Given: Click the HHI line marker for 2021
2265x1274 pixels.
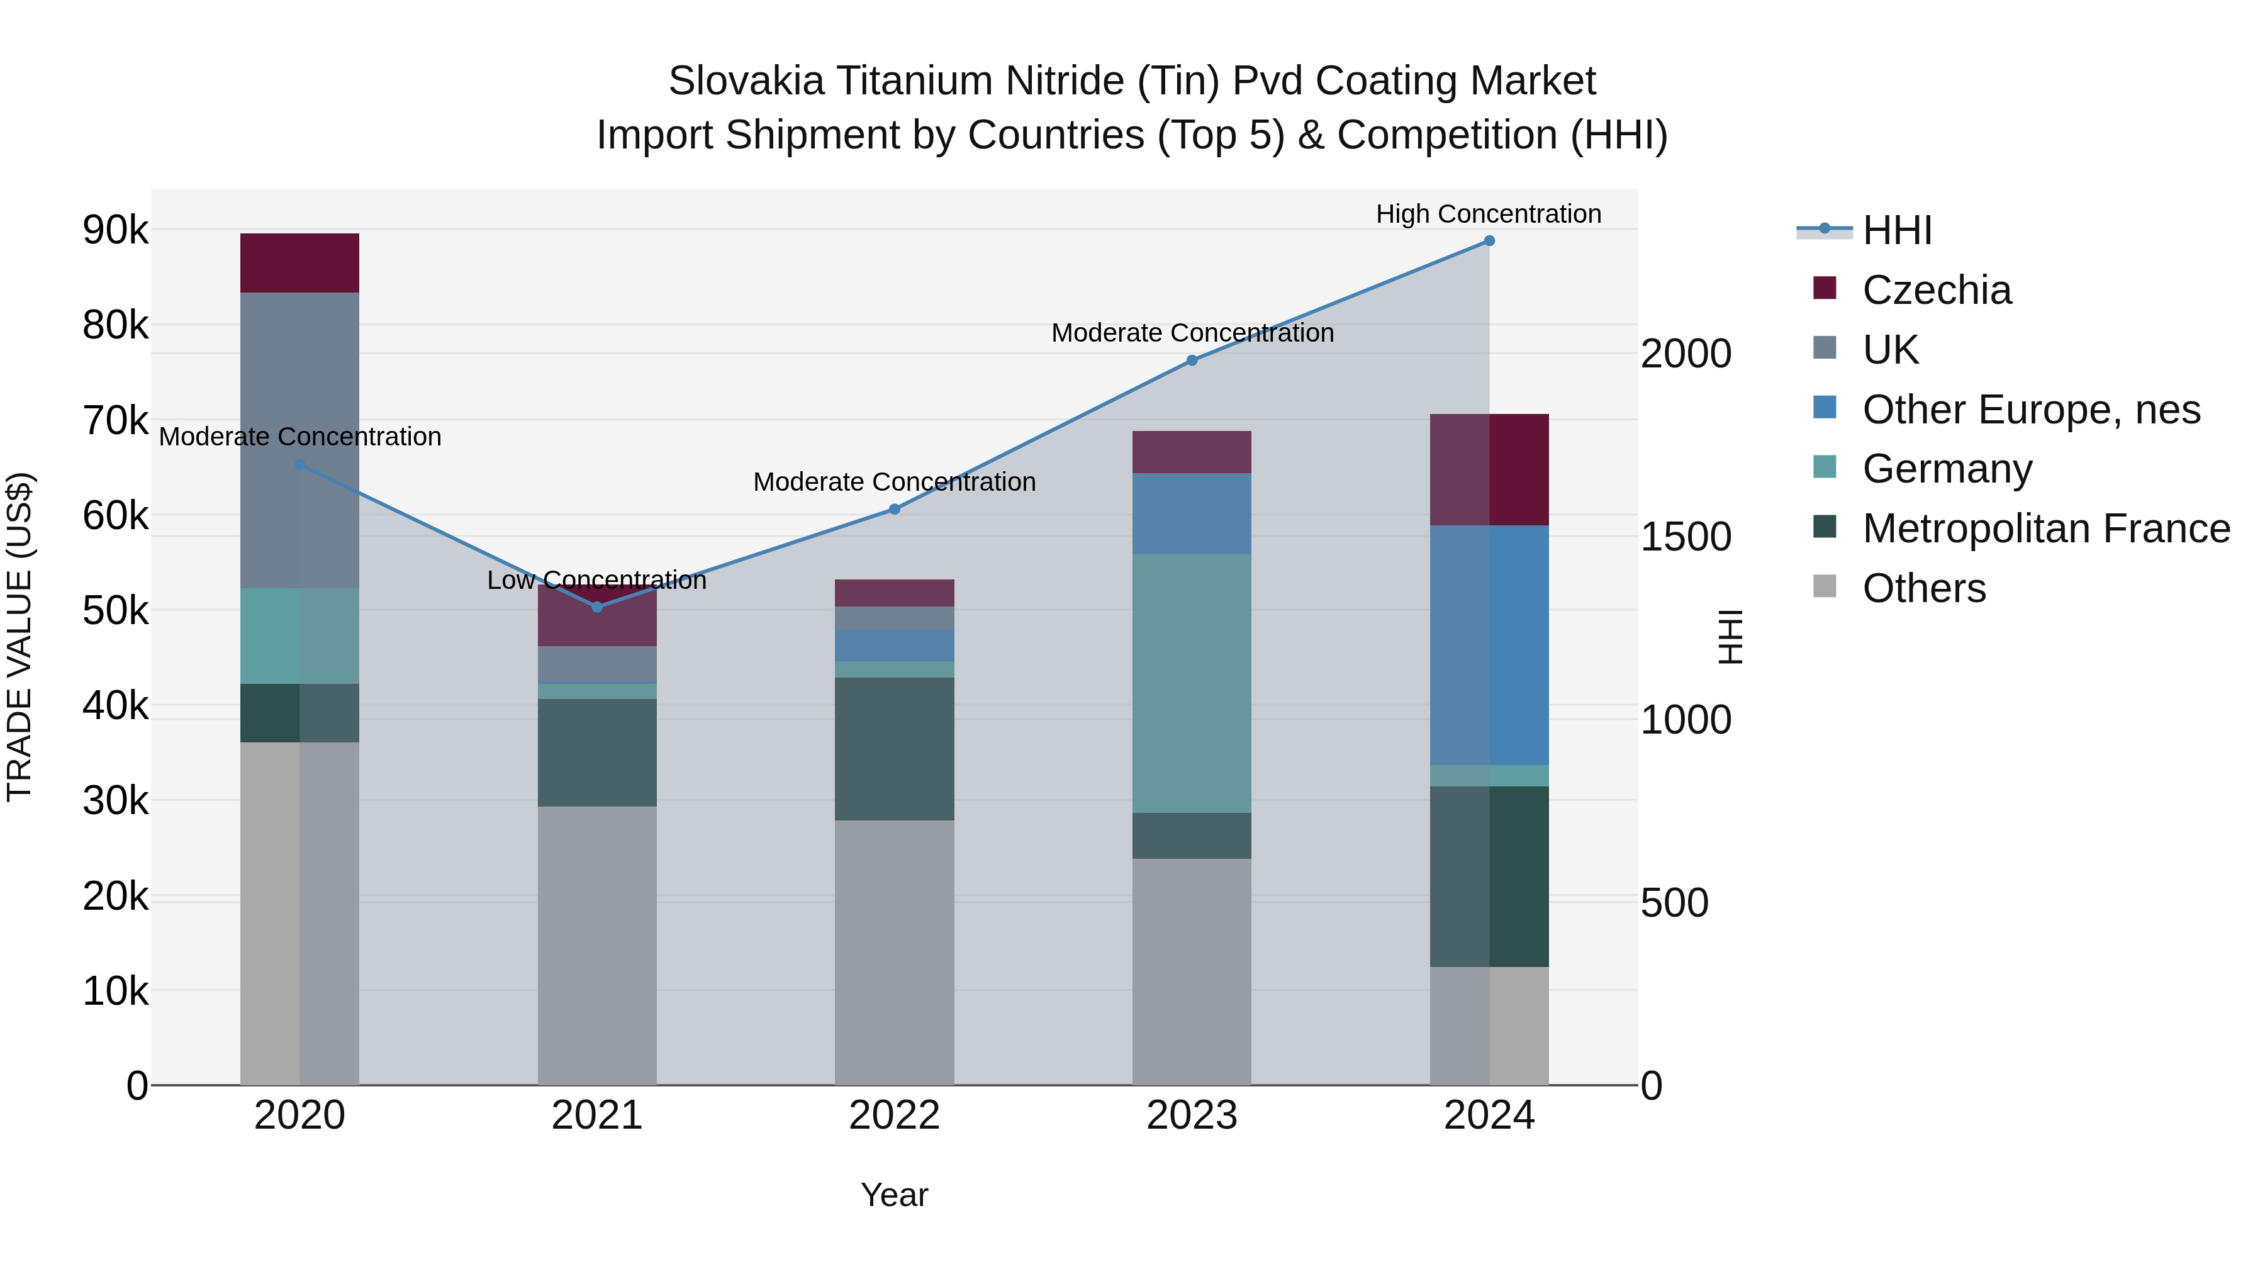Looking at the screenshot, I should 597,606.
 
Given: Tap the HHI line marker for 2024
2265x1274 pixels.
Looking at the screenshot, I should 1489,241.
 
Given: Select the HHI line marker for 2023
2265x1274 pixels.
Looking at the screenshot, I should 1192,360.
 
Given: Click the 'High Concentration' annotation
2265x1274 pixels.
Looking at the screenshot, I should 1488,214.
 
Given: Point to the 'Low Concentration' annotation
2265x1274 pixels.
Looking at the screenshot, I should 596,580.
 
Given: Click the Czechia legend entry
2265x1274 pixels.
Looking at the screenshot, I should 1935,290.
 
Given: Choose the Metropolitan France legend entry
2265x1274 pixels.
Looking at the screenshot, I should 2045,528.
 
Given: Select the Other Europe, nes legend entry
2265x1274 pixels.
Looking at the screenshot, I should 2030,410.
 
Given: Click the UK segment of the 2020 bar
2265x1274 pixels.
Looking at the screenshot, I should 300,440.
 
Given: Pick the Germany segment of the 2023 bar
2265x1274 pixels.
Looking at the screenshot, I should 1192,683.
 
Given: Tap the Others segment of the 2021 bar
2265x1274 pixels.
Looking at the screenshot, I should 597,945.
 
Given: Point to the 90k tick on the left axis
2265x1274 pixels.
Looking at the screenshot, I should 115,230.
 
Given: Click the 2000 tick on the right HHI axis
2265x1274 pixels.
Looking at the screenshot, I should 1686,354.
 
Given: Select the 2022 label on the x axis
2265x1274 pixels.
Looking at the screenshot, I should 894,1115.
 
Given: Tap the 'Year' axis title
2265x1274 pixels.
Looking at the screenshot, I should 894,1195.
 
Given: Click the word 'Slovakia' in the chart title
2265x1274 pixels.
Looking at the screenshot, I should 746,81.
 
